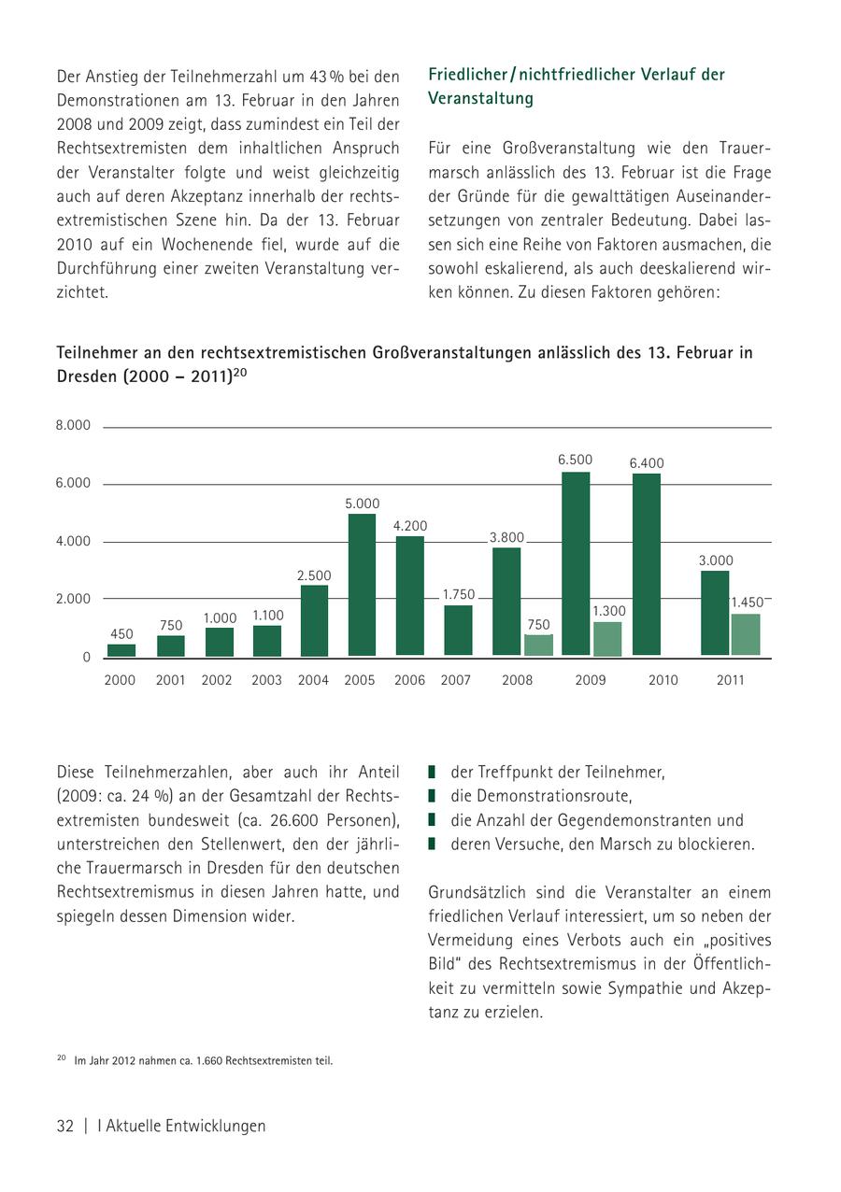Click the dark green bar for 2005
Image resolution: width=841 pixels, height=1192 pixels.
(362, 585)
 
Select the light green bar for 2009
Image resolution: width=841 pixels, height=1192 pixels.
(607, 639)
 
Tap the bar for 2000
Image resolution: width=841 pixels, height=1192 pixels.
(121, 650)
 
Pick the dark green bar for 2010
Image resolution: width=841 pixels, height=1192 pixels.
(647, 564)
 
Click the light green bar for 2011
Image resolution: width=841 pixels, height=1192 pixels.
(746, 634)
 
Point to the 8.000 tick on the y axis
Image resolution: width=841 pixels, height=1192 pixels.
(73, 425)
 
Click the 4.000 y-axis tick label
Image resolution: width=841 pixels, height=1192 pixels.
(73, 541)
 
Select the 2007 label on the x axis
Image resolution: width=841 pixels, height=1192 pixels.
(456, 680)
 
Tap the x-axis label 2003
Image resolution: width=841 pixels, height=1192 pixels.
(266, 680)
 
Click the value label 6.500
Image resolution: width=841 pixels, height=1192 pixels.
(575, 460)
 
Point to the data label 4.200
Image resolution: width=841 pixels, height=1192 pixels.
(410, 526)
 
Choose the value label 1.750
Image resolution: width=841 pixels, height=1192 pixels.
(459, 594)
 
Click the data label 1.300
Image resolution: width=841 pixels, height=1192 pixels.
(609, 611)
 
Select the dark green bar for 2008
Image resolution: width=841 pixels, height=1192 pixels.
(506, 602)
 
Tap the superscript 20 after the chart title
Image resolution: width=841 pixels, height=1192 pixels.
(240, 373)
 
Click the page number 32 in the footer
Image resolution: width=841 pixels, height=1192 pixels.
(65, 1126)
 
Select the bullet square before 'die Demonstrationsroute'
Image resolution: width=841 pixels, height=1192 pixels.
(433, 796)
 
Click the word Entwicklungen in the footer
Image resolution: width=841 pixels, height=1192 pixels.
(211, 1126)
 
